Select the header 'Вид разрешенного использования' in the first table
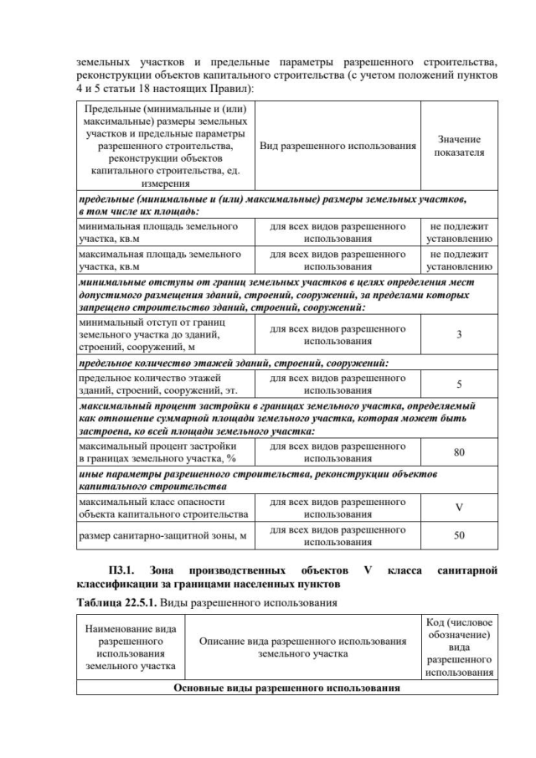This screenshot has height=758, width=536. [338, 146]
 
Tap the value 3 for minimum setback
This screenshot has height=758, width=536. [459, 335]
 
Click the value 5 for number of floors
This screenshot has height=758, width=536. [459, 384]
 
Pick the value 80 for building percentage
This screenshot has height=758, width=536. [459, 452]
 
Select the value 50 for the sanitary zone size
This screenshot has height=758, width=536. [459, 535]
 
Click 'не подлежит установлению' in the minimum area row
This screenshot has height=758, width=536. [459, 232]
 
